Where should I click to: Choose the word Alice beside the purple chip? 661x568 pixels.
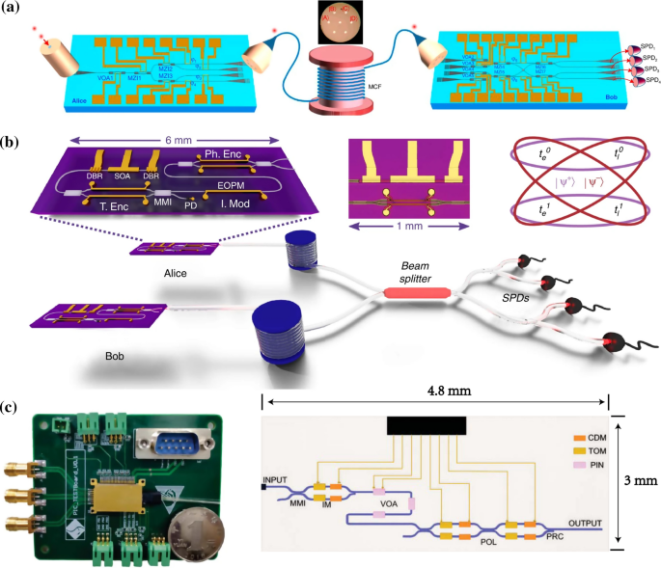point(173,273)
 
